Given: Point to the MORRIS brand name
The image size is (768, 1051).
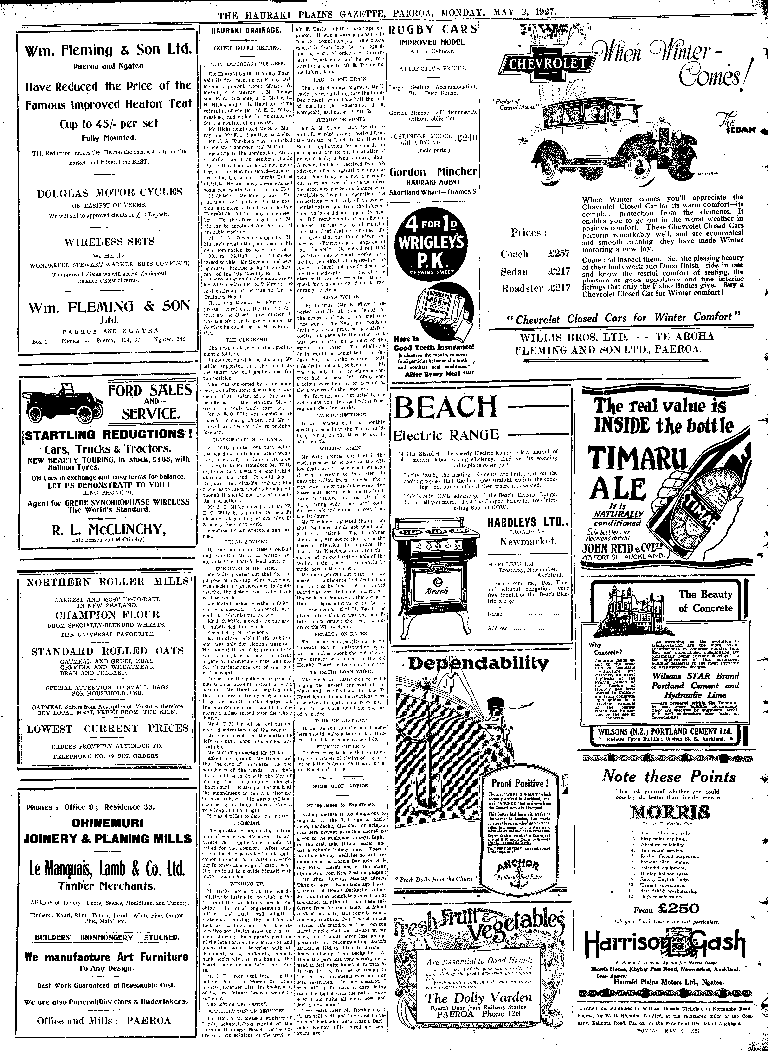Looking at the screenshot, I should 670,812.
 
